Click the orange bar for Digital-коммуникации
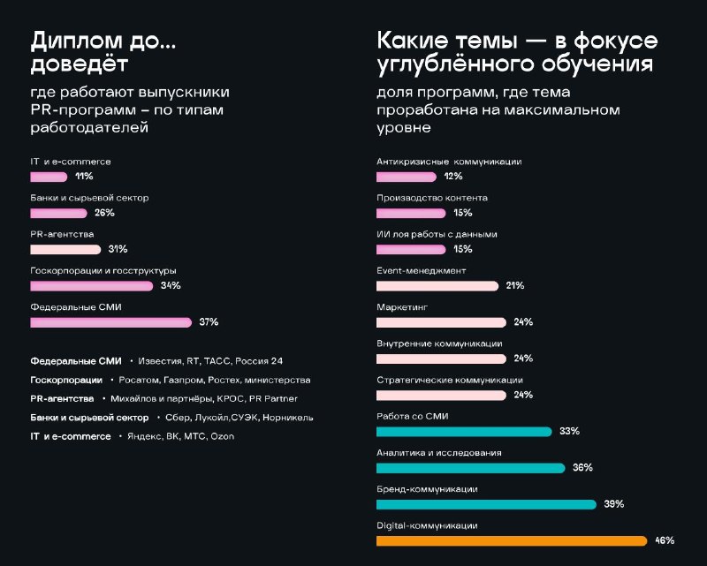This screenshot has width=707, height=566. click(x=512, y=540)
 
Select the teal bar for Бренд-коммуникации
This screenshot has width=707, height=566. click(x=487, y=504)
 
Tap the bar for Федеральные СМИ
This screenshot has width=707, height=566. click(x=111, y=322)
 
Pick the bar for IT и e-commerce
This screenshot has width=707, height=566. click(x=49, y=177)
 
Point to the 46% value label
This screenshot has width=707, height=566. click(x=665, y=540)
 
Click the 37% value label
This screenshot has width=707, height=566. click(x=209, y=321)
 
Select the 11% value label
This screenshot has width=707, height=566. click(x=84, y=177)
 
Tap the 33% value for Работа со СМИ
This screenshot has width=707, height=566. click(x=569, y=431)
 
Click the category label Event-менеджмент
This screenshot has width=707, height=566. click(x=422, y=271)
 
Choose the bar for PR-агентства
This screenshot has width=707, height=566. click(x=65, y=250)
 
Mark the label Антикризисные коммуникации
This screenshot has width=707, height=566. click(x=449, y=162)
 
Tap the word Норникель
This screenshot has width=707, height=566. click(x=288, y=418)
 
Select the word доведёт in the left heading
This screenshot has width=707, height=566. click(x=80, y=64)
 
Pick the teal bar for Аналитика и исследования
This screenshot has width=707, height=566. click(x=471, y=468)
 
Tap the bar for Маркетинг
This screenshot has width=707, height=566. click(x=441, y=322)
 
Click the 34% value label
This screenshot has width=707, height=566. click(x=171, y=285)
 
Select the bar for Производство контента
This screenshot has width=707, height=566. click(x=411, y=213)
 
